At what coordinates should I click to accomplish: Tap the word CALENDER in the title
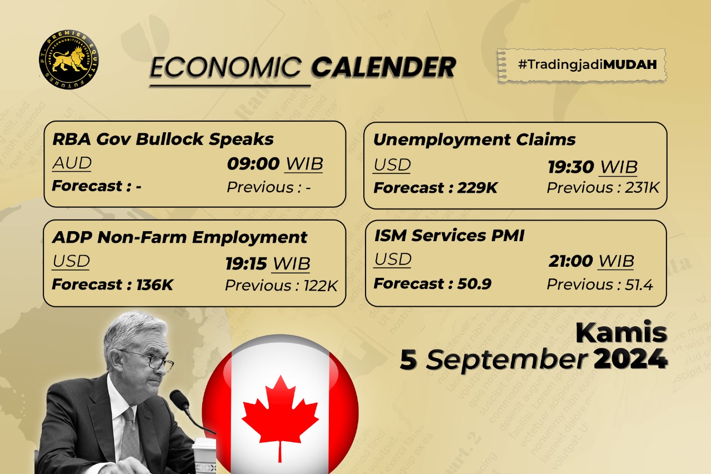(x=383, y=68)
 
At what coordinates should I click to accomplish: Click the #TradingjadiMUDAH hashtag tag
(x=582, y=65)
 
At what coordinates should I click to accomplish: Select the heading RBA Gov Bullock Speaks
(x=163, y=139)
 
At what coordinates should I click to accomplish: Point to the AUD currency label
(x=72, y=163)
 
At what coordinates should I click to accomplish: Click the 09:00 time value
(x=253, y=164)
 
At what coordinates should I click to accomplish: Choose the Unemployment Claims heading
(x=474, y=139)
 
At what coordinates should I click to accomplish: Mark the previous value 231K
(x=642, y=188)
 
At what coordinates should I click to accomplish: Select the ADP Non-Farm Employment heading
(x=179, y=238)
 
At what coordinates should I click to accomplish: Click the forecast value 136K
(x=155, y=286)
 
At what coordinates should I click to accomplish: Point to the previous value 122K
(x=321, y=286)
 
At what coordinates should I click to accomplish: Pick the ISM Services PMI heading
(x=449, y=236)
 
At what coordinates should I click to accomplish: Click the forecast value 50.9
(x=474, y=285)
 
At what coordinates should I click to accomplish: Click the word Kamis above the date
(x=621, y=332)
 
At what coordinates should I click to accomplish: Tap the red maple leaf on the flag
(x=280, y=414)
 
